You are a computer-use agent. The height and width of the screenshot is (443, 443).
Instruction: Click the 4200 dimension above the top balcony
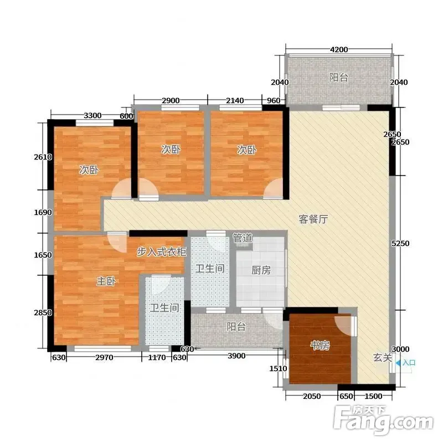pyautogui.click(x=339, y=50)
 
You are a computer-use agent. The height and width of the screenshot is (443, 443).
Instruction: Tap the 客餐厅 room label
pyautogui.click(x=313, y=219)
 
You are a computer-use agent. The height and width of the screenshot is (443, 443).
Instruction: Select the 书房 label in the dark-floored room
pyautogui.click(x=320, y=345)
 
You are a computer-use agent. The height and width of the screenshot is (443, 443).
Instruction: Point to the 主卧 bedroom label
pyautogui.click(x=106, y=281)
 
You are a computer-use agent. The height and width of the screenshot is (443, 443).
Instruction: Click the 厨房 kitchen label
pyautogui.click(x=261, y=270)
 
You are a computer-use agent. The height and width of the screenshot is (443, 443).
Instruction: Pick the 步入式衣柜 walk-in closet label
pyautogui.click(x=161, y=251)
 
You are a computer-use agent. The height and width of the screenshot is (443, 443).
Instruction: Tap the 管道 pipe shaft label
pyautogui.click(x=243, y=238)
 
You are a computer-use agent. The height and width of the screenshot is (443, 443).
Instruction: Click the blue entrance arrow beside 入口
pyautogui.click(x=398, y=363)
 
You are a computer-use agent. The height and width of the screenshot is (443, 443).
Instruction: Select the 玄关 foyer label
pyautogui.click(x=383, y=358)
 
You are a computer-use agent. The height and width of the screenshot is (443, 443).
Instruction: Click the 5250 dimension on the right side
pyautogui.click(x=400, y=243)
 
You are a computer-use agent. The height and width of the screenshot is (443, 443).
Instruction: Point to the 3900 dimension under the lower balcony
pyautogui.click(x=236, y=356)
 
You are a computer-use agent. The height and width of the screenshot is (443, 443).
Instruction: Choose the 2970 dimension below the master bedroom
pyautogui.click(x=104, y=357)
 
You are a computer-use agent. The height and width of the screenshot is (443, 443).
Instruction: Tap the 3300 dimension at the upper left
pyautogui.click(x=92, y=115)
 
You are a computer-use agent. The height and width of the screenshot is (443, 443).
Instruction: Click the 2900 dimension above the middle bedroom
pyautogui.click(x=171, y=100)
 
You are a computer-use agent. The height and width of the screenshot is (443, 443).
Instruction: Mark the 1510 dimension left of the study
pyautogui.click(x=278, y=368)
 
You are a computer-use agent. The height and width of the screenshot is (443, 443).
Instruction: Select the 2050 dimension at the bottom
pyautogui.click(x=312, y=396)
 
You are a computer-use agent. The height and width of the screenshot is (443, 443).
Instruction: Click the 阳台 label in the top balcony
pyautogui.click(x=339, y=77)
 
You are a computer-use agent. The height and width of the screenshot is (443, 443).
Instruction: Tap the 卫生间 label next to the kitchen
pyautogui.click(x=210, y=268)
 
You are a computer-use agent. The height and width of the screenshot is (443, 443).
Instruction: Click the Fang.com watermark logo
pyautogui.click(x=383, y=420)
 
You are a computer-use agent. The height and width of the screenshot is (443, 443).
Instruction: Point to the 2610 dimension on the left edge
pyautogui.click(x=43, y=157)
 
